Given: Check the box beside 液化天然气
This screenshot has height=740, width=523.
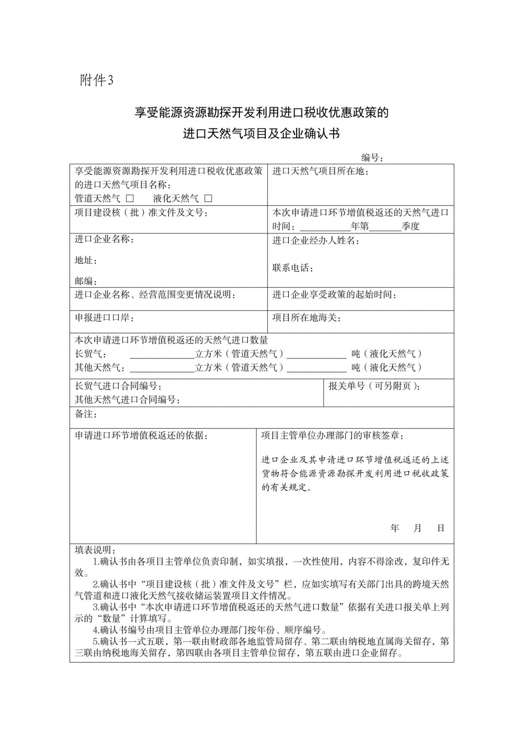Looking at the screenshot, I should (208, 198).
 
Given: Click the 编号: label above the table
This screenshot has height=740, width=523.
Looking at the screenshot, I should (373, 158).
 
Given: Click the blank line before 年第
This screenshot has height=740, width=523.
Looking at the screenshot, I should (325, 227).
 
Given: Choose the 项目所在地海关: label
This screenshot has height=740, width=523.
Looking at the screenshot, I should (306, 318).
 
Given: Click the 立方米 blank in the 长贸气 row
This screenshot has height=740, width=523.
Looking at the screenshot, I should (162, 354).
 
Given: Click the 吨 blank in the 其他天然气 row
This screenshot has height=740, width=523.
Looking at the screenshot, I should (316, 367).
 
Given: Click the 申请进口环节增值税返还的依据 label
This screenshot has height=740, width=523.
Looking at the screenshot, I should (141, 435).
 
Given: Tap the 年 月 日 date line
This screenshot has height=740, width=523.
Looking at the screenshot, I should (417, 528).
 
